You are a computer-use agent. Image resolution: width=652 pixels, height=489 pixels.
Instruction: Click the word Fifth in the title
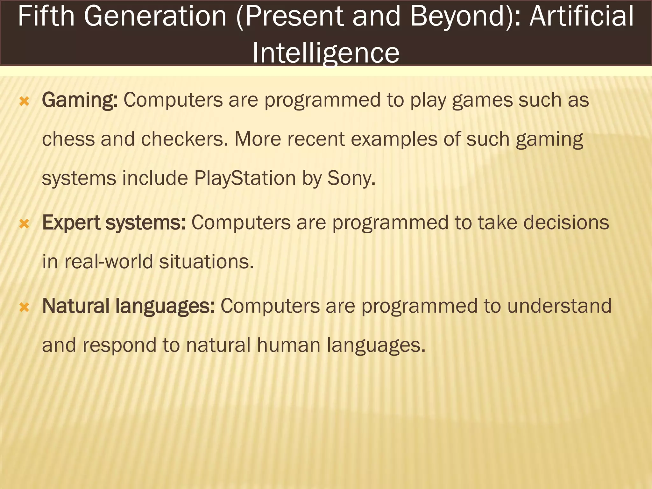tap(46, 17)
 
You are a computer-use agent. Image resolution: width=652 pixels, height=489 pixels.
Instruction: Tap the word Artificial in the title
tap(582, 17)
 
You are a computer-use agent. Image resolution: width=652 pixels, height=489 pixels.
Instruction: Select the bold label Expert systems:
tap(114, 223)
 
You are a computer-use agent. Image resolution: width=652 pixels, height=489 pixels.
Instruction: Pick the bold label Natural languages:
tap(128, 306)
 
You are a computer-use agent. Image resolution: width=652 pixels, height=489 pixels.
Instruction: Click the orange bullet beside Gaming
tap(25, 102)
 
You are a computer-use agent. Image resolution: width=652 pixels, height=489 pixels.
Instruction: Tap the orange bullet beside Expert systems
tap(25, 224)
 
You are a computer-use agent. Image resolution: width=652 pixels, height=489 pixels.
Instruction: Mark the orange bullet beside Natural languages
tap(25, 308)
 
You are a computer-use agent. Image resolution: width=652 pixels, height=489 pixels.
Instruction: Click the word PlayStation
tap(245, 178)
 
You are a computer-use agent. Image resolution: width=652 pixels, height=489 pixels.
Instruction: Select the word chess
tap(68, 139)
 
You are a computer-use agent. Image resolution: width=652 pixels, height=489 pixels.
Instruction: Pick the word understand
tap(559, 306)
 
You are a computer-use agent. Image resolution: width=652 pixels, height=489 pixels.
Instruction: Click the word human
tap(288, 345)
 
